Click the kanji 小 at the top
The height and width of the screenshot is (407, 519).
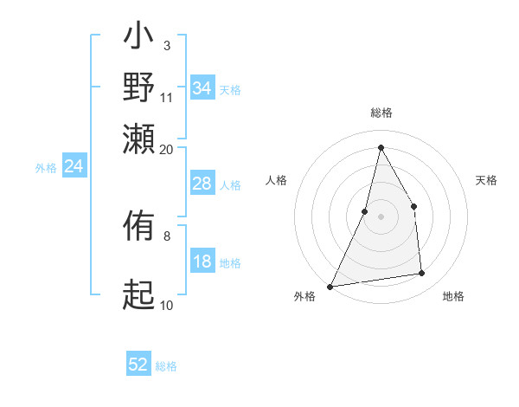[x=138, y=40]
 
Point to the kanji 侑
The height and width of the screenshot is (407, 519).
[x=138, y=228]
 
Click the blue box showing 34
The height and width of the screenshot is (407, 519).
[x=202, y=88]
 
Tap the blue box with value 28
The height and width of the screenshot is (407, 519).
[x=202, y=184]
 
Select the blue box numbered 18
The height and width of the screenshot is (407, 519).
[x=202, y=262]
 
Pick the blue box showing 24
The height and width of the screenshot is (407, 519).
[x=74, y=166]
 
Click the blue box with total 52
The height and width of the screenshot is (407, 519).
[x=138, y=365]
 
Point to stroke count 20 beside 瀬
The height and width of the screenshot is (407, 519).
[x=167, y=149]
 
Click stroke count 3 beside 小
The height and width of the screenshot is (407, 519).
[x=166, y=44]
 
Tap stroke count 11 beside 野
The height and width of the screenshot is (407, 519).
[x=167, y=96]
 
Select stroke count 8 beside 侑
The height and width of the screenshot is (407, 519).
[x=166, y=235]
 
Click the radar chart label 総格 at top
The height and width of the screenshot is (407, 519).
[x=381, y=113]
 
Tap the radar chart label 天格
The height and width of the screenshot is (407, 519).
[x=486, y=180]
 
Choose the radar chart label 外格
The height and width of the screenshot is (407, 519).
[x=304, y=296]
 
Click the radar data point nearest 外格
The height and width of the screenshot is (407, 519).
[x=330, y=286]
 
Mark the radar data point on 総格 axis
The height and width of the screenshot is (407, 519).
[x=381, y=147]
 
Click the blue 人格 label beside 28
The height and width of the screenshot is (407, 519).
[x=230, y=184]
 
